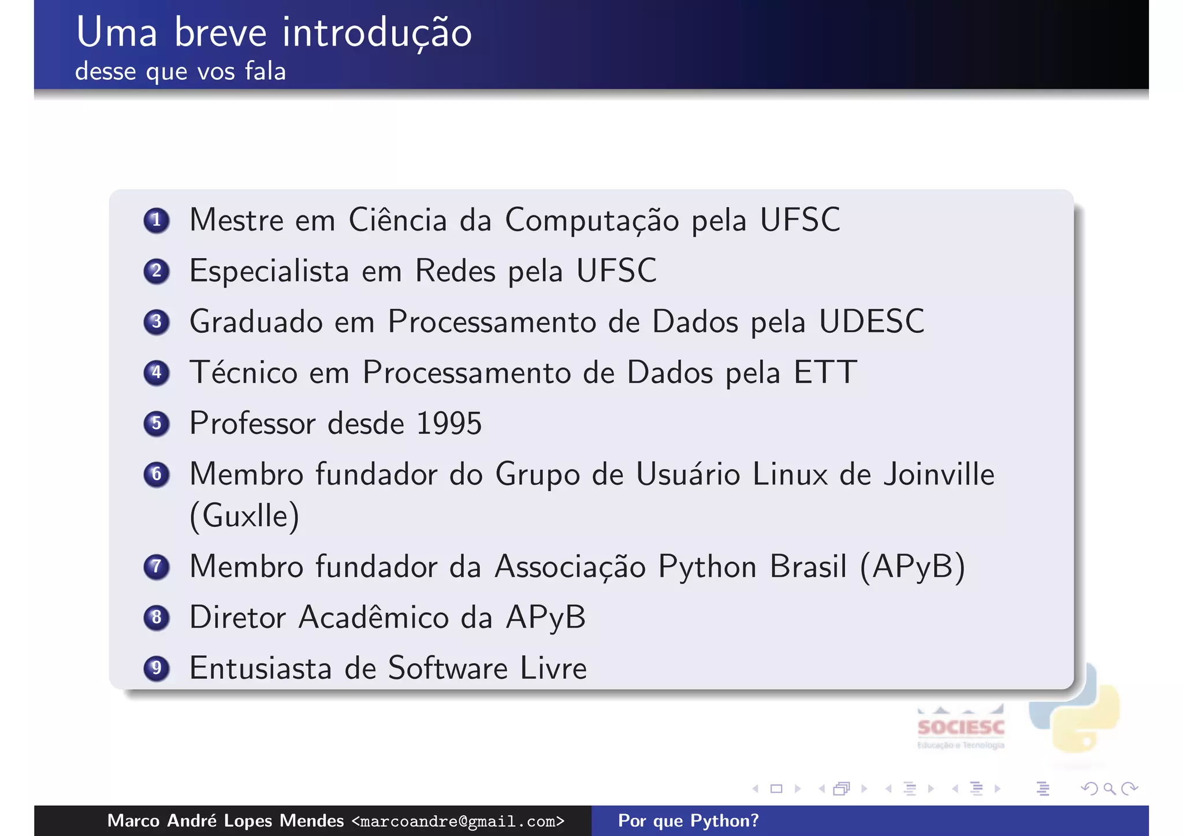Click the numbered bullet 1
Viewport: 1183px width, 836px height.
pyautogui.click(x=157, y=220)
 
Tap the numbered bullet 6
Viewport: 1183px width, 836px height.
pyautogui.click(x=157, y=474)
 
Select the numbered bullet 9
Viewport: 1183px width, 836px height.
pyautogui.click(x=157, y=668)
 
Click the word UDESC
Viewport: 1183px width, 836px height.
pyautogui.click(x=872, y=322)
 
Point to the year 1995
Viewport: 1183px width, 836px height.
pyautogui.click(x=449, y=423)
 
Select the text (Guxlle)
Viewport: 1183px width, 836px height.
pyautogui.click(x=244, y=516)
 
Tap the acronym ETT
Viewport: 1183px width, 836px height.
pyautogui.click(x=825, y=373)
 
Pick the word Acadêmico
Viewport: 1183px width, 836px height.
pyautogui.click(x=374, y=618)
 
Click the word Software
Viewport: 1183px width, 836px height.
pyautogui.click(x=448, y=668)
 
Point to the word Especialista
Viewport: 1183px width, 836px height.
pyautogui.click(x=269, y=271)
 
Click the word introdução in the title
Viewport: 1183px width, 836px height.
pyautogui.click(x=377, y=32)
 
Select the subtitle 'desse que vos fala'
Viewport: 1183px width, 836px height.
pyautogui.click(x=181, y=72)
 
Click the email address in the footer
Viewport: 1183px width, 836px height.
pyautogui.click(x=458, y=821)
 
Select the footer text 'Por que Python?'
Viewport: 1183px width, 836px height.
pyautogui.click(x=689, y=821)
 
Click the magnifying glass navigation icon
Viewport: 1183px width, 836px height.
pyautogui.click(x=1109, y=789)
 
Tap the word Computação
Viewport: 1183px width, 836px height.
pyautogui.click(x=592, y=220)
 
